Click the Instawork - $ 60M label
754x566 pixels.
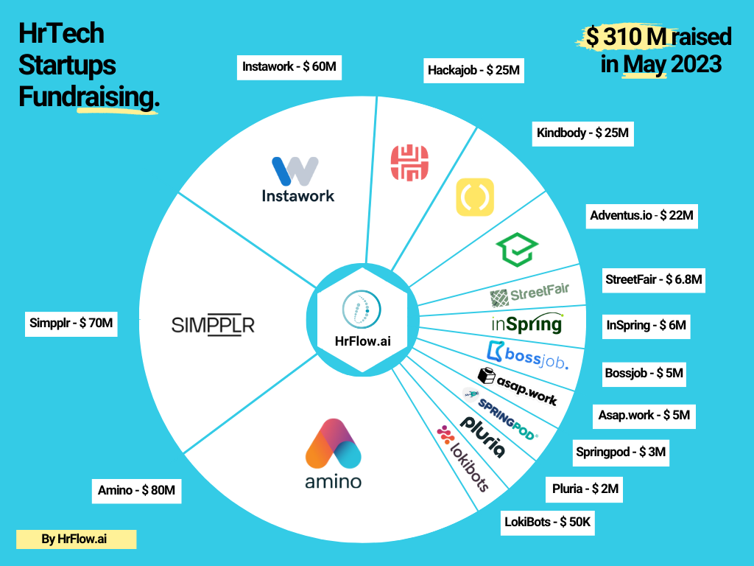tap(289, 67)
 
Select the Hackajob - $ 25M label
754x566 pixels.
tap(474, 71)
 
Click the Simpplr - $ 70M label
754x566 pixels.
tap(71, 322)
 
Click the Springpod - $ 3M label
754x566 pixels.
tap(620, 452)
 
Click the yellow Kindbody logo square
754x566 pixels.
tap(475, 196)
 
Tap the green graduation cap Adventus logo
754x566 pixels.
tap(516, 250)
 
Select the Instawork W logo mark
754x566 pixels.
tap(295, 170)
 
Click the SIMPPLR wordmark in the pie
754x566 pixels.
tap(213, 325)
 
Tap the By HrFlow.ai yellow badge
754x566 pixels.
tap(77, 539)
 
